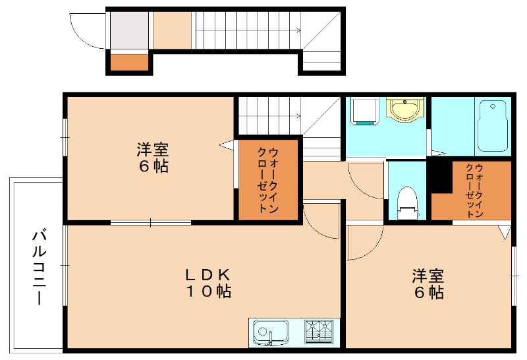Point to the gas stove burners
click(x=320, y=332)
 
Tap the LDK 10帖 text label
click(x=207, y=282)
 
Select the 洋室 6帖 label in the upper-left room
click(x=152, y=158)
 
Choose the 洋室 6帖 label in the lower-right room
click(x=428, y=283)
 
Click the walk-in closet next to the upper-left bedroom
click(x=268, y=179)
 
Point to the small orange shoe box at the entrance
click(x=129, y=63)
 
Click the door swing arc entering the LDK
click(x=321, y=223)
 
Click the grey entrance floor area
click(x=129, y=30)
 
